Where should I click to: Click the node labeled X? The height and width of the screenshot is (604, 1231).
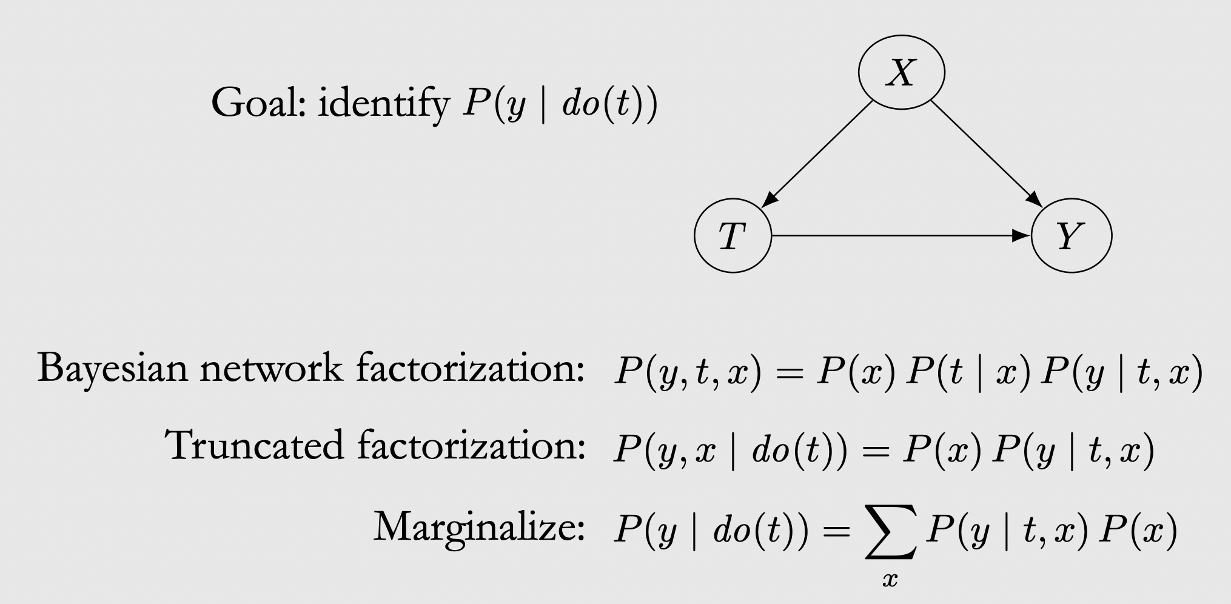(901, 73)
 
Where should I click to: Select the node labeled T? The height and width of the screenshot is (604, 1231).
(733, 235)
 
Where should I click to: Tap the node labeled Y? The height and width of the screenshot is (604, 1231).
(1071, 235)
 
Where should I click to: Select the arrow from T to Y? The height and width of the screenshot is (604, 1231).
(901, 235)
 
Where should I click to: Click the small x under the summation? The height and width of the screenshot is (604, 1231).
(890, 580)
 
